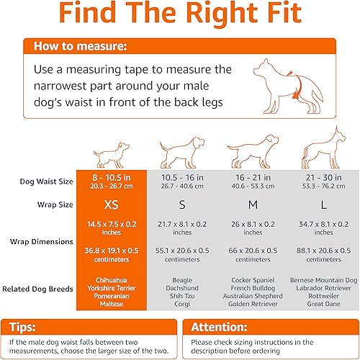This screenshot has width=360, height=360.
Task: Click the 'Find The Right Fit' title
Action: [180, 17]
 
